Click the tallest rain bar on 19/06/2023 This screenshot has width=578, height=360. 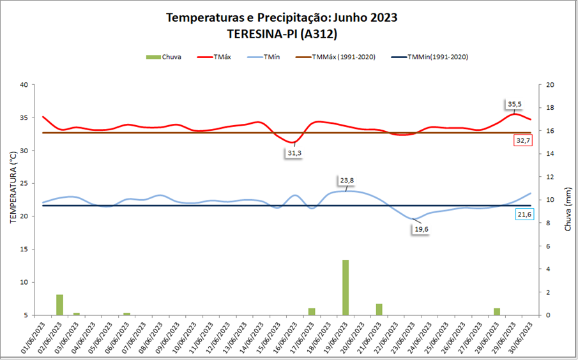pos(346,287)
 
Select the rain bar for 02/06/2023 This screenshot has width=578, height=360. pos(60,304)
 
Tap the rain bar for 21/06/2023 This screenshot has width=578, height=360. pos(379,309)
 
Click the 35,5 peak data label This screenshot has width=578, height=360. pos(515,103)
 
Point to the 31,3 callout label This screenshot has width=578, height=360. pos(294,153)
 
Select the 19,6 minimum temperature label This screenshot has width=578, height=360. pos(420,230)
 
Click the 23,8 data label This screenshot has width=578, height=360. pos(346,181)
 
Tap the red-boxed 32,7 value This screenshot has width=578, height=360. pos(523,140)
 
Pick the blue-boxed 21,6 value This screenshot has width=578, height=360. pos(524,214)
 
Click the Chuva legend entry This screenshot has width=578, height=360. pos(164,57)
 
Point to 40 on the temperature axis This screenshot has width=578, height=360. pos(24,85)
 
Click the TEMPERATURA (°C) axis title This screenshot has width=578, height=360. pos(12,188)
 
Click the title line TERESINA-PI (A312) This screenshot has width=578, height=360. pos(282,33)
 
